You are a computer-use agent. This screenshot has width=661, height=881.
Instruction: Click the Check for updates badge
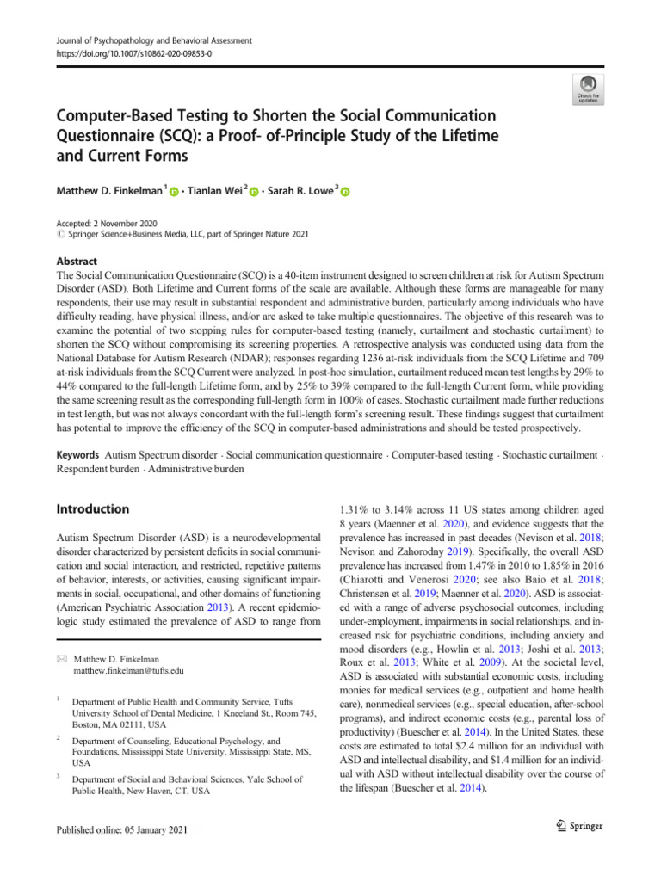coord(587,86)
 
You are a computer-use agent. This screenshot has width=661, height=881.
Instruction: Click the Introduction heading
coord(92,509)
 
